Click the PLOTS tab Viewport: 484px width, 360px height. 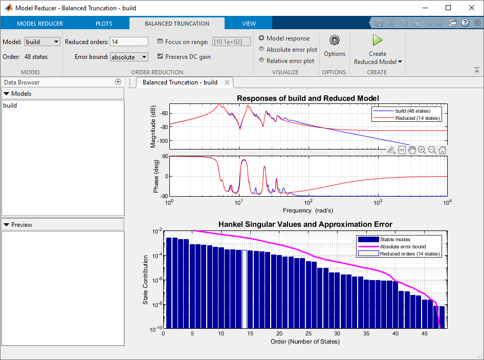(104, 24)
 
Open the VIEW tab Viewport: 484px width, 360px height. (249, 24)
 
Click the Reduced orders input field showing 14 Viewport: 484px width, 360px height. (129, 42)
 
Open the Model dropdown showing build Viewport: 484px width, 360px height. (42, 42)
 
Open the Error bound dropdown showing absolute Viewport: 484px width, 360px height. (129, 57)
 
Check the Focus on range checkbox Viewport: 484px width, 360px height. (161, 42)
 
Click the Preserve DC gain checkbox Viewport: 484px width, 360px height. (161, 57)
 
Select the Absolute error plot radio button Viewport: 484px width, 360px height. (262, 50)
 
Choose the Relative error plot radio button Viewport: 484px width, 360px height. (262, 61)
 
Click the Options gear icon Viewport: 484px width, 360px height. (335, 40)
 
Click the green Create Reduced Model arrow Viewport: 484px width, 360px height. (378, 40)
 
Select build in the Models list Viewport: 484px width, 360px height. (10, 105)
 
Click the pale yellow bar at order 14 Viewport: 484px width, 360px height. (245, 289)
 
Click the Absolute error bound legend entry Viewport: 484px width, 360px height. (403, 246)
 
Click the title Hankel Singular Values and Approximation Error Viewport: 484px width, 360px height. (305, 224)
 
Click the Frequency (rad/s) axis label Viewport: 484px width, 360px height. (307, 210)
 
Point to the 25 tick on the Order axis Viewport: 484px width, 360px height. (308, 333)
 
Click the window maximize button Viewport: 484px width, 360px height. (448, 8)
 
